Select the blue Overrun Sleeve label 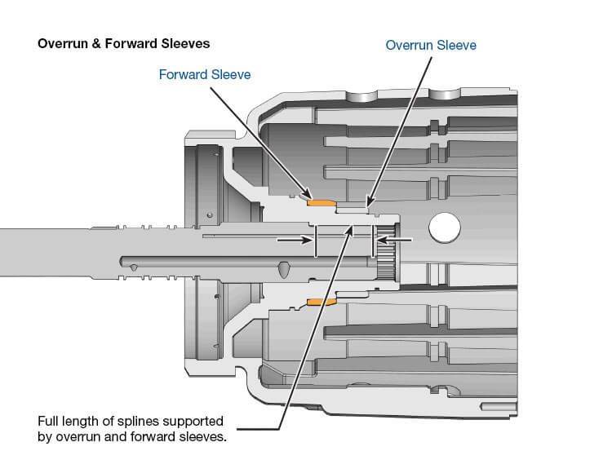coord(430,45)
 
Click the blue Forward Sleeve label coord(205,75)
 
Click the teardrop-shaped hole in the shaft coord(282,267)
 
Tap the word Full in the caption coord(50,422)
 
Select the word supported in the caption coord(195,422)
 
